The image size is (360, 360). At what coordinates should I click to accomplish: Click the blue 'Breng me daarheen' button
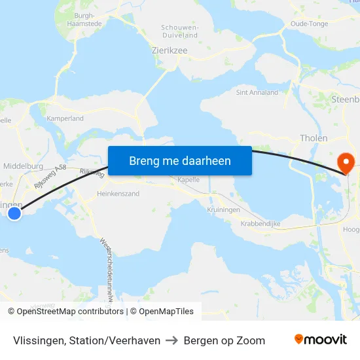179,160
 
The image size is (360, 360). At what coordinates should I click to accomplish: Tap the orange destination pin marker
344,163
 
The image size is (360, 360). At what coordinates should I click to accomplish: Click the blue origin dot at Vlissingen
14,212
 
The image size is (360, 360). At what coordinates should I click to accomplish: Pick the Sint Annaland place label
257,92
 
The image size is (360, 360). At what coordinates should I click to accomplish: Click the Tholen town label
313,138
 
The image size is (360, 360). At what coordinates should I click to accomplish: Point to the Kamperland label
65,118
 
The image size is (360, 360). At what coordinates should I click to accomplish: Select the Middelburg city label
23,166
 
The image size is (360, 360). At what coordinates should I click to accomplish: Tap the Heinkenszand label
118,194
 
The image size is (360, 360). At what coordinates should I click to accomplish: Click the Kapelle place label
189,179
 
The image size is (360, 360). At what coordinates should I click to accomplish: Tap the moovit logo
321,340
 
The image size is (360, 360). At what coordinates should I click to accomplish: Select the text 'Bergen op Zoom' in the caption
225,340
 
